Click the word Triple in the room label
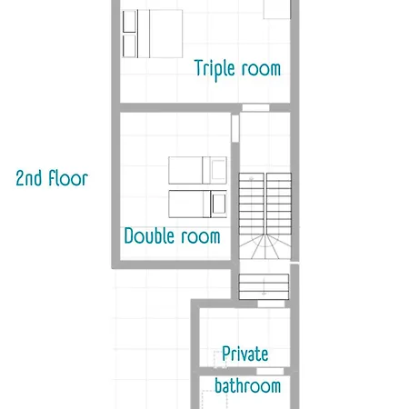pyautogui.click(x=214, y=70)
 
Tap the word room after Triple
pyautogui.click(x=261, y=69)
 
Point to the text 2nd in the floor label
pyautogui.click(x=29, y=178)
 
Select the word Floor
pyautogui.click(x=68, y=178)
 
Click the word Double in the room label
pyautogui.click(x=149, y=235)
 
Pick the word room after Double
pyautogui.click(x=201, y=236)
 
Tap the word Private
pyautogui.click(x=245, y=354)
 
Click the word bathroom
pyautogui.click(x=247, y=385)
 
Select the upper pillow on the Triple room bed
pyautogui.click(x=129, y=21)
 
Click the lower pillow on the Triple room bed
pyautogui.click(x=129, y=45)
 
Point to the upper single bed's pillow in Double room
pyautogui.click(x=218, y=170)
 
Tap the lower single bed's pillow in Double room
pyautogui.click(x=219, y=204)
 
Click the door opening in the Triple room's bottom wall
pyautogui.click(x=255, y=107)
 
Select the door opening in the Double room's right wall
pyautogui.click(x=235, y=128)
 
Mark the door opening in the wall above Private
pyautogui.click(x=271, y=304)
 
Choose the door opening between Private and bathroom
pyautogui.click(x=270, y=372)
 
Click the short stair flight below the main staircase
pyautogui.click(x=264, y=287)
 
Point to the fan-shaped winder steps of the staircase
pyautogui.click(x=265, y=247)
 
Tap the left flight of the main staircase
pyautogui.click(x=251, y=204)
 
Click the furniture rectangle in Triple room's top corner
pyautogui.click(x=277, y=9)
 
